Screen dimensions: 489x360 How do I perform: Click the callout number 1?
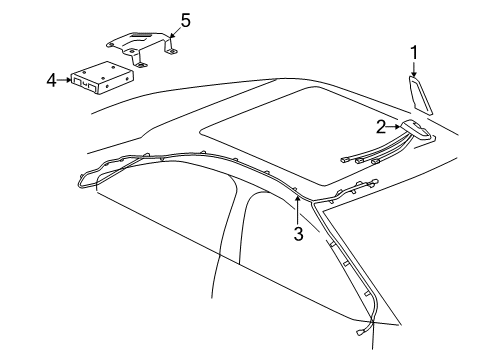pyautogui.click(x=414, y=53)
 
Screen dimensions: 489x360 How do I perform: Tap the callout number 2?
pyautogui.click(x=381, y=127)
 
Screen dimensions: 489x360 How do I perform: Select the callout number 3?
pyautogui.click(x=298, y=233)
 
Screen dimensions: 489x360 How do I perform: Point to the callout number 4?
pyautogui.click(x=51, y=80)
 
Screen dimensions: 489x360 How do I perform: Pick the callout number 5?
pyautogui.click(x=185, y=21)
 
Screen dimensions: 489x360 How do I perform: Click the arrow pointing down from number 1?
pyautogui.click(x=414, y=69)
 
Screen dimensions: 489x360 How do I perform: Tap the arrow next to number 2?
pyautogui.click(x=393, y=127)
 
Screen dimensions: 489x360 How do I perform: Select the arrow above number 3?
pyautogui.click(x=297, y=210)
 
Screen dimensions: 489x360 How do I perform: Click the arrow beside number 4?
pyautogui.click(x=64, y=80)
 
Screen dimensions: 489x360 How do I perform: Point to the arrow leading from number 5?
pyautogui.click(x=175, y=31)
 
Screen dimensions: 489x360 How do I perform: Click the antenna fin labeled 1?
pyautogui.click(x=420, y=95)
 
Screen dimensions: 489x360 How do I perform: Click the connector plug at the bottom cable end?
pyautogui.click(x=360, y=332)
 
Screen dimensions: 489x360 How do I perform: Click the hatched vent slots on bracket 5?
pyautogui.click(x=144, y=34)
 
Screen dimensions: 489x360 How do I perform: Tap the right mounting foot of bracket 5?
pyautogui.click(x=171, y=51)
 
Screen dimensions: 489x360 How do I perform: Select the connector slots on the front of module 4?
pyautogui.click(x=85, y=84)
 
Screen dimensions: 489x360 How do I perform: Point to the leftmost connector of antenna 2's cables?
pyautogui.click(x=344, y=160)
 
